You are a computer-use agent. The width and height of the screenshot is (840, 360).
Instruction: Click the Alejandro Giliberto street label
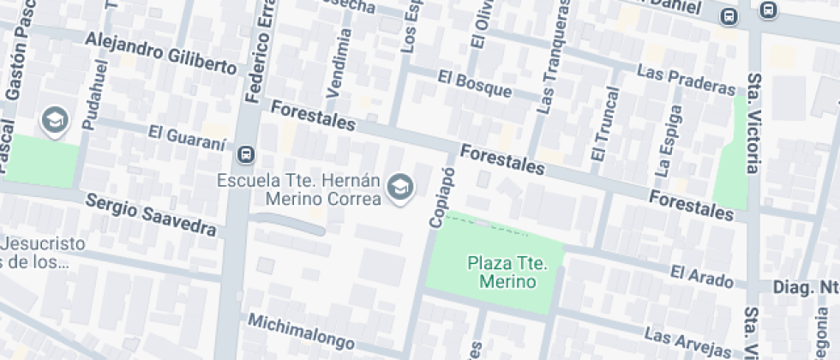(160, 52)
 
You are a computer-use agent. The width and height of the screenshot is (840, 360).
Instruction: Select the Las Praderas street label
(686, 81)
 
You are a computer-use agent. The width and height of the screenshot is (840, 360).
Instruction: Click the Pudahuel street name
(95, 94)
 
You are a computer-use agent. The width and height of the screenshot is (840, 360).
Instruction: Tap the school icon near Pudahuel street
(56, 121)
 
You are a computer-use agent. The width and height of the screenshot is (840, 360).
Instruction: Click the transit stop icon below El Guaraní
(246, 154)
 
